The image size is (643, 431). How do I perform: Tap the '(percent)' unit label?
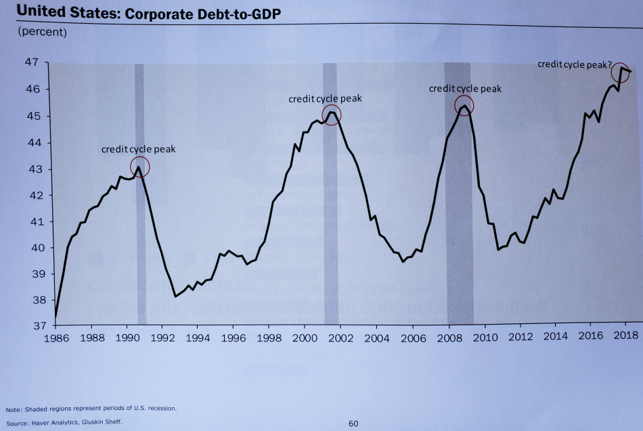coord(43,31)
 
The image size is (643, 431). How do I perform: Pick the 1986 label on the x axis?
coord(56,336)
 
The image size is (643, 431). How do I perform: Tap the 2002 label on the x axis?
coord(339,337)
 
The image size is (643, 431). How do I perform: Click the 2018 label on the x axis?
coord(624,336)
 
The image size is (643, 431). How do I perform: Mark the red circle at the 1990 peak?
coord(139,167)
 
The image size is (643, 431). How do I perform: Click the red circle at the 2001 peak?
coord(332,115)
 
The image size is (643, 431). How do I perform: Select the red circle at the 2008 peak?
coord(464,105)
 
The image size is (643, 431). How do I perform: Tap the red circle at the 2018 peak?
coord(621,71)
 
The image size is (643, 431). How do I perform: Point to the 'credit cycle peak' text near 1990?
coord(138,149)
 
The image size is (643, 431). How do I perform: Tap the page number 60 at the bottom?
coord(353,424)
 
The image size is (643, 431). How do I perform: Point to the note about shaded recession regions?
coord(91,408)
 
